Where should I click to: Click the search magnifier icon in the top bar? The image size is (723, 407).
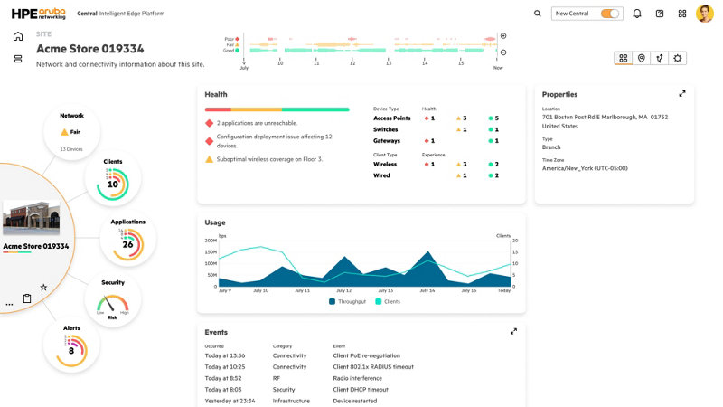538,14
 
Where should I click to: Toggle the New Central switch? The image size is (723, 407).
611,14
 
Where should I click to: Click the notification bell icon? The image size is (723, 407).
637,14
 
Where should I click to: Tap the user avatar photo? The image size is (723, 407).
705,14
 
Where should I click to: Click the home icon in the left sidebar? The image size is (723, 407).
18,36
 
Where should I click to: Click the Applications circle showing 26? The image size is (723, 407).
127,240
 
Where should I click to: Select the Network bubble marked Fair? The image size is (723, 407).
71,130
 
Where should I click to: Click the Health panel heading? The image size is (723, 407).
216,94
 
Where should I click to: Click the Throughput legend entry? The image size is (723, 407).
349,301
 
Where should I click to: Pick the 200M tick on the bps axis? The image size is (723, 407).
210,241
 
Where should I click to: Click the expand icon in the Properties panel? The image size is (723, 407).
682,93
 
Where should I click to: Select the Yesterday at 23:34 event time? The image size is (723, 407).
230,401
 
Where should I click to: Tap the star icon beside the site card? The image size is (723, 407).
43,287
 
